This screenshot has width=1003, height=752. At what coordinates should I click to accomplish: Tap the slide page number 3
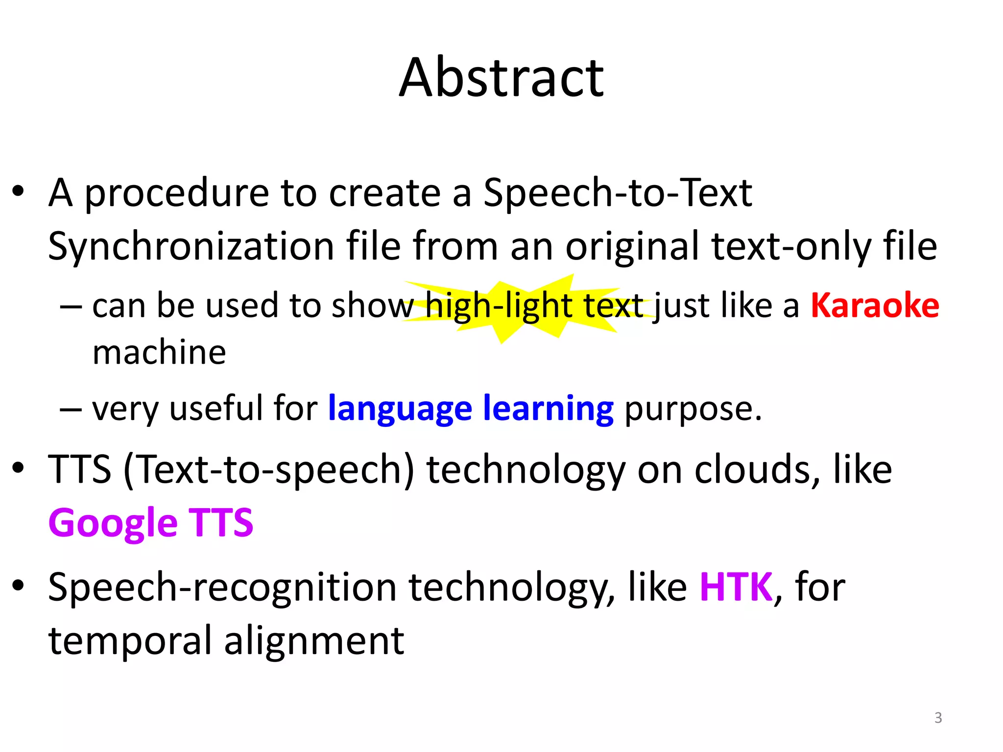coord(938,718)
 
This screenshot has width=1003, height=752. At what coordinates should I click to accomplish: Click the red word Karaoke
coord(875,305)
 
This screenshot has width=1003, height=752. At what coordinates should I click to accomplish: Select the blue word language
coord(400,408)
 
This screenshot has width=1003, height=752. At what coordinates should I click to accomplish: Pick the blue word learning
coord(548,408)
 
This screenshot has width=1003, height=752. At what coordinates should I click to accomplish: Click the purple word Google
coord(113,523)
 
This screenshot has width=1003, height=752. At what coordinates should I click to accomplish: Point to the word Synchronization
coord(191,246)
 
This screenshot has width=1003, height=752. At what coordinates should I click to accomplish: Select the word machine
coord(159,352)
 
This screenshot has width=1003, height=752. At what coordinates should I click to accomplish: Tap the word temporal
coord(130,641)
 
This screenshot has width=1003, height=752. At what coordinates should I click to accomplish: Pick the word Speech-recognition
coord(222,587)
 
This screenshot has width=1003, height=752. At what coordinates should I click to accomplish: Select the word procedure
coord(176,193)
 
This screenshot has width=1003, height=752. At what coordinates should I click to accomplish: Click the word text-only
coord(791,246)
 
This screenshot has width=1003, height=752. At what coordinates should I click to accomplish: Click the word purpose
coord(693,409)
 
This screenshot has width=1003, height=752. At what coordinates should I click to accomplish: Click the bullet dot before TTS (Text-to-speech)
coord(18,468)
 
